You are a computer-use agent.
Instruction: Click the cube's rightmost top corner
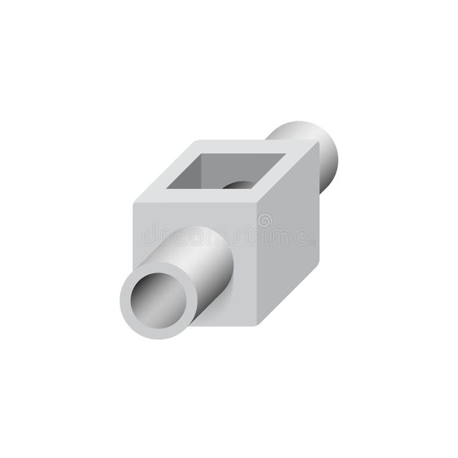pyautogui.click(x=319, y=141)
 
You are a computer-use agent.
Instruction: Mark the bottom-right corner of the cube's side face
pyautogui.click(x=319, y=263)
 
